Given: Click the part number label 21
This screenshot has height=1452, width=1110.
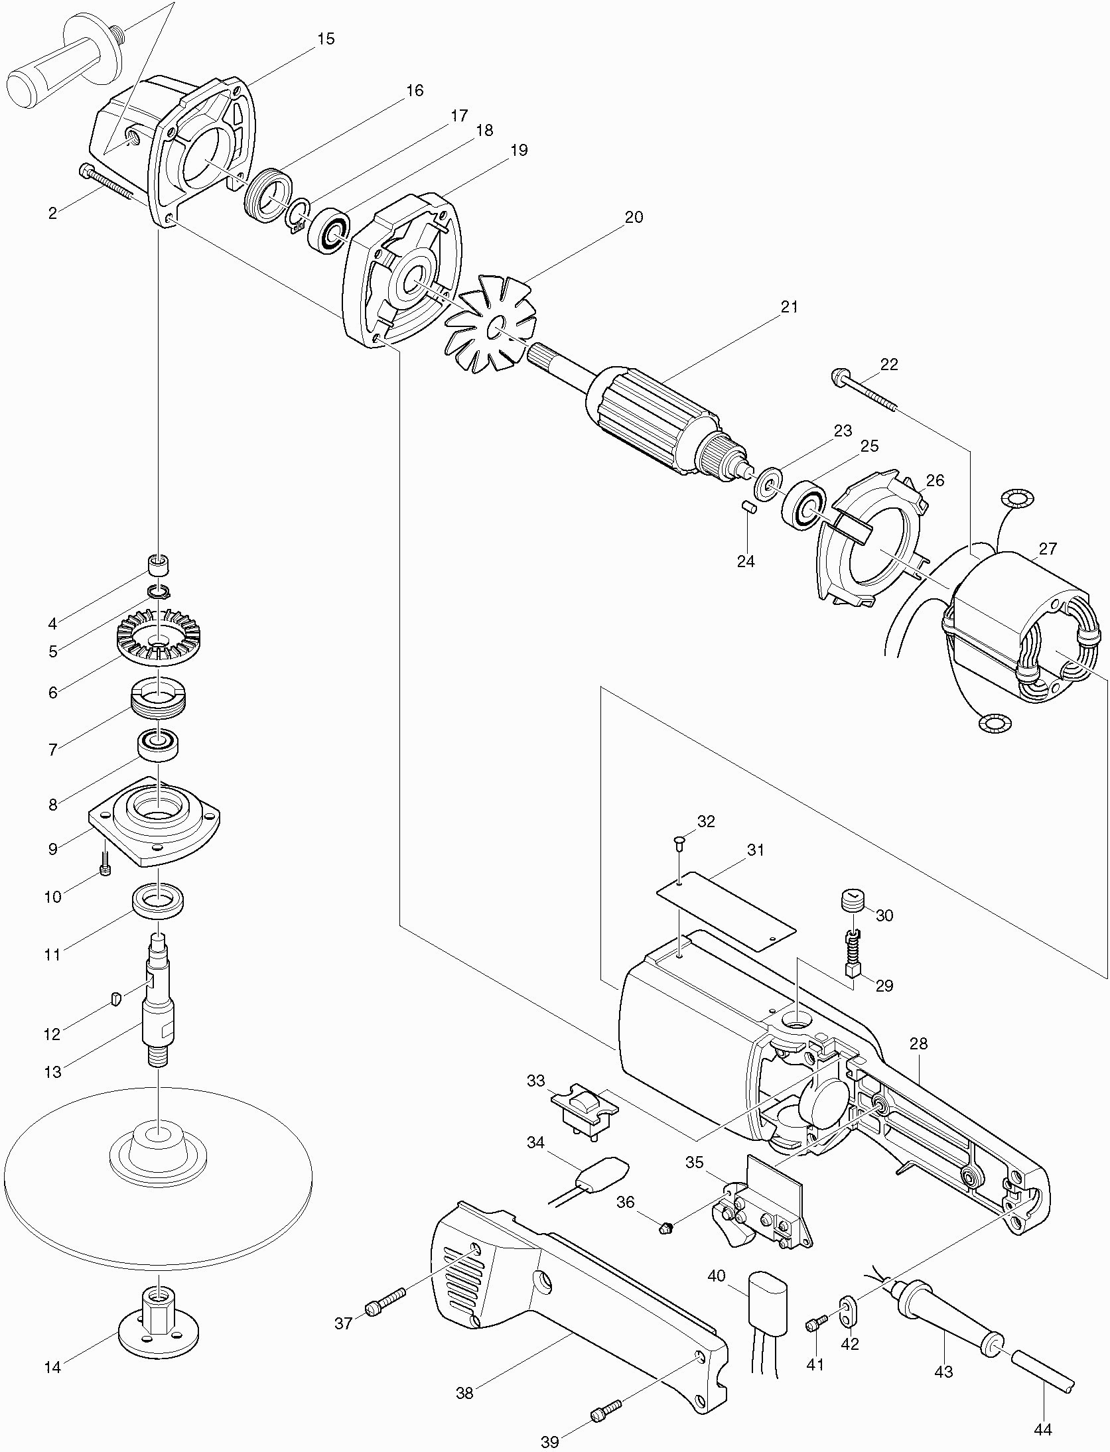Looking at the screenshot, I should tap(790, 307).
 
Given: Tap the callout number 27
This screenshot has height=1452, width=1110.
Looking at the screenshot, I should tap(1048, 549).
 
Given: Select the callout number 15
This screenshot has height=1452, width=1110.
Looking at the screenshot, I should tap(325, 38).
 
